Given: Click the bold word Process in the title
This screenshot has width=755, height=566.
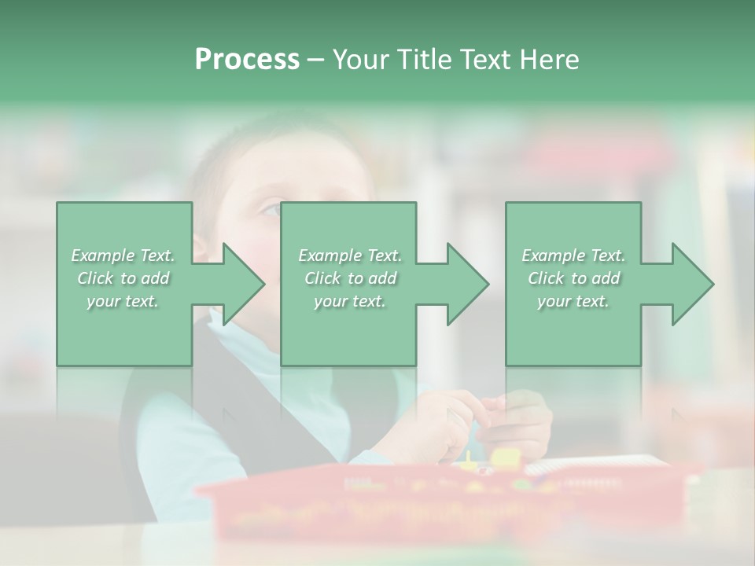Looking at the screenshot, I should click(247, 60).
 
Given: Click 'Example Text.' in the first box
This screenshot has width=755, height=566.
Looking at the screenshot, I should click(123, 255).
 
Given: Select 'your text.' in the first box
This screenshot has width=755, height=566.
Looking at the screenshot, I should click(123, 301).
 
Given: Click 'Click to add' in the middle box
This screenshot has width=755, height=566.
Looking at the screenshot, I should click(349, 278).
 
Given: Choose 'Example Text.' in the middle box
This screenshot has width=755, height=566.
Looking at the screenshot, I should click(349, 255).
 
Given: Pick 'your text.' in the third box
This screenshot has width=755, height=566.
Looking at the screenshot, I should click(573, 301).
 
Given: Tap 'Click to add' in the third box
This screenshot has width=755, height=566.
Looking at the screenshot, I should click(573, 278).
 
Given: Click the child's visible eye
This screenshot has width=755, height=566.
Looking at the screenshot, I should click(268, 209).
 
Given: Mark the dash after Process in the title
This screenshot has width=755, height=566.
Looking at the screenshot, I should click(315, 60).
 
